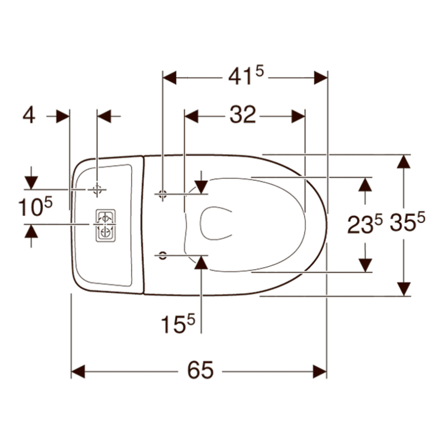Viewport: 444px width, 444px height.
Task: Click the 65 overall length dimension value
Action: (200, 370)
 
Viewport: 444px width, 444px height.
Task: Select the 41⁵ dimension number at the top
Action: (246, 75)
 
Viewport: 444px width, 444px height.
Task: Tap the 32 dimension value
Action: (243, 115)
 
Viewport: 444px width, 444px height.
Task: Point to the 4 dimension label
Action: (29, 116)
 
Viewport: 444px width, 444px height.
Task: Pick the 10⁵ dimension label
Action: (35, 207)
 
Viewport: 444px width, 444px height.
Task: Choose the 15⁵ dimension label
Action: (178, 324)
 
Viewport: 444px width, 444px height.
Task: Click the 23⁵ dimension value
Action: (365, 224)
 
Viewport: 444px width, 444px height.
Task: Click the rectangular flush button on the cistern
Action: (106, 225)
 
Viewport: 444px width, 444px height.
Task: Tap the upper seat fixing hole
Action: (162, 194)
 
